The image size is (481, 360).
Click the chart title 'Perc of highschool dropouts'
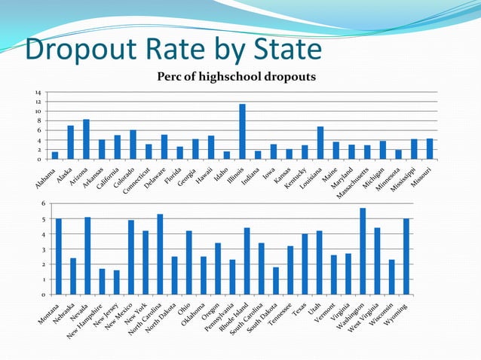[235, 77]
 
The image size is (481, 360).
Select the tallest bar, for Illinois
[242, 132]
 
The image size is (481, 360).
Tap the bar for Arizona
[86, 139]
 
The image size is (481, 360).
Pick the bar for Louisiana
[320, 143]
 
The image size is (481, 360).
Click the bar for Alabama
[55, 156]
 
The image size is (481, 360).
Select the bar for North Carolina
[160, 255]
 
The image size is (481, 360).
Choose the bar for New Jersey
[117, 282]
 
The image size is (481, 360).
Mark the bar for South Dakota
[276, 281]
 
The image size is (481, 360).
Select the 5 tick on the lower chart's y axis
[42, 219]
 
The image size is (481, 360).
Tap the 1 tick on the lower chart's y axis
[42, 279]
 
